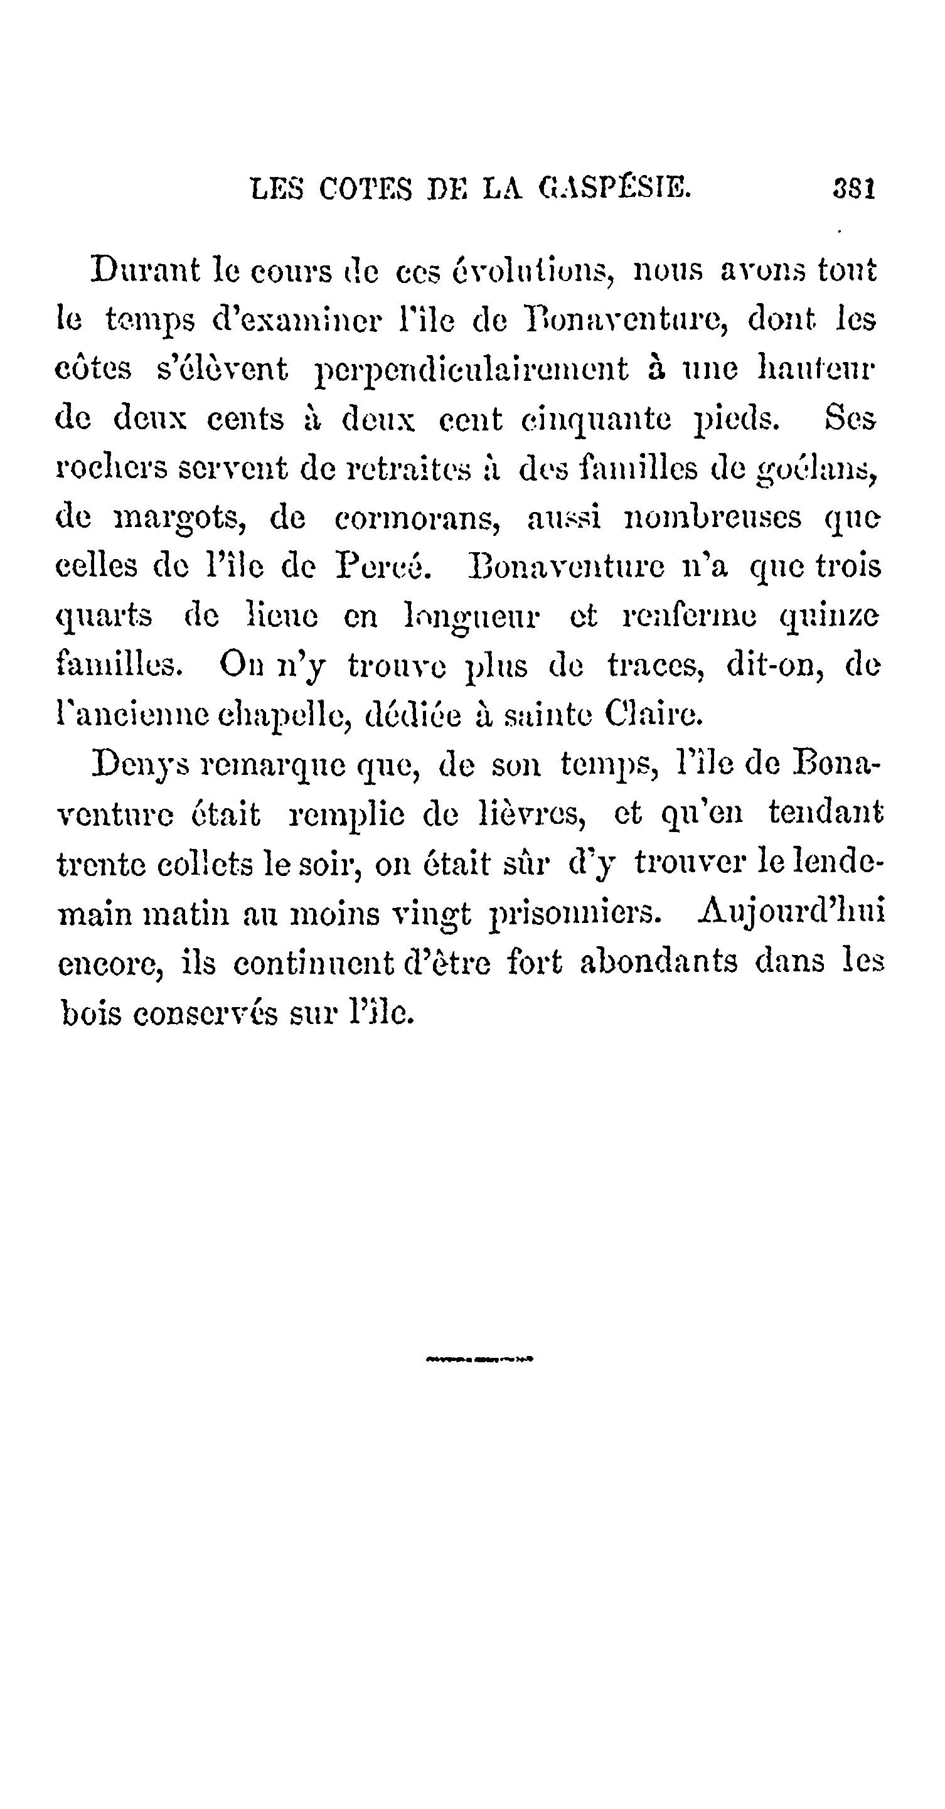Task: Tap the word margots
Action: coord(178,519)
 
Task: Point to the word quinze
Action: coord(829,617)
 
